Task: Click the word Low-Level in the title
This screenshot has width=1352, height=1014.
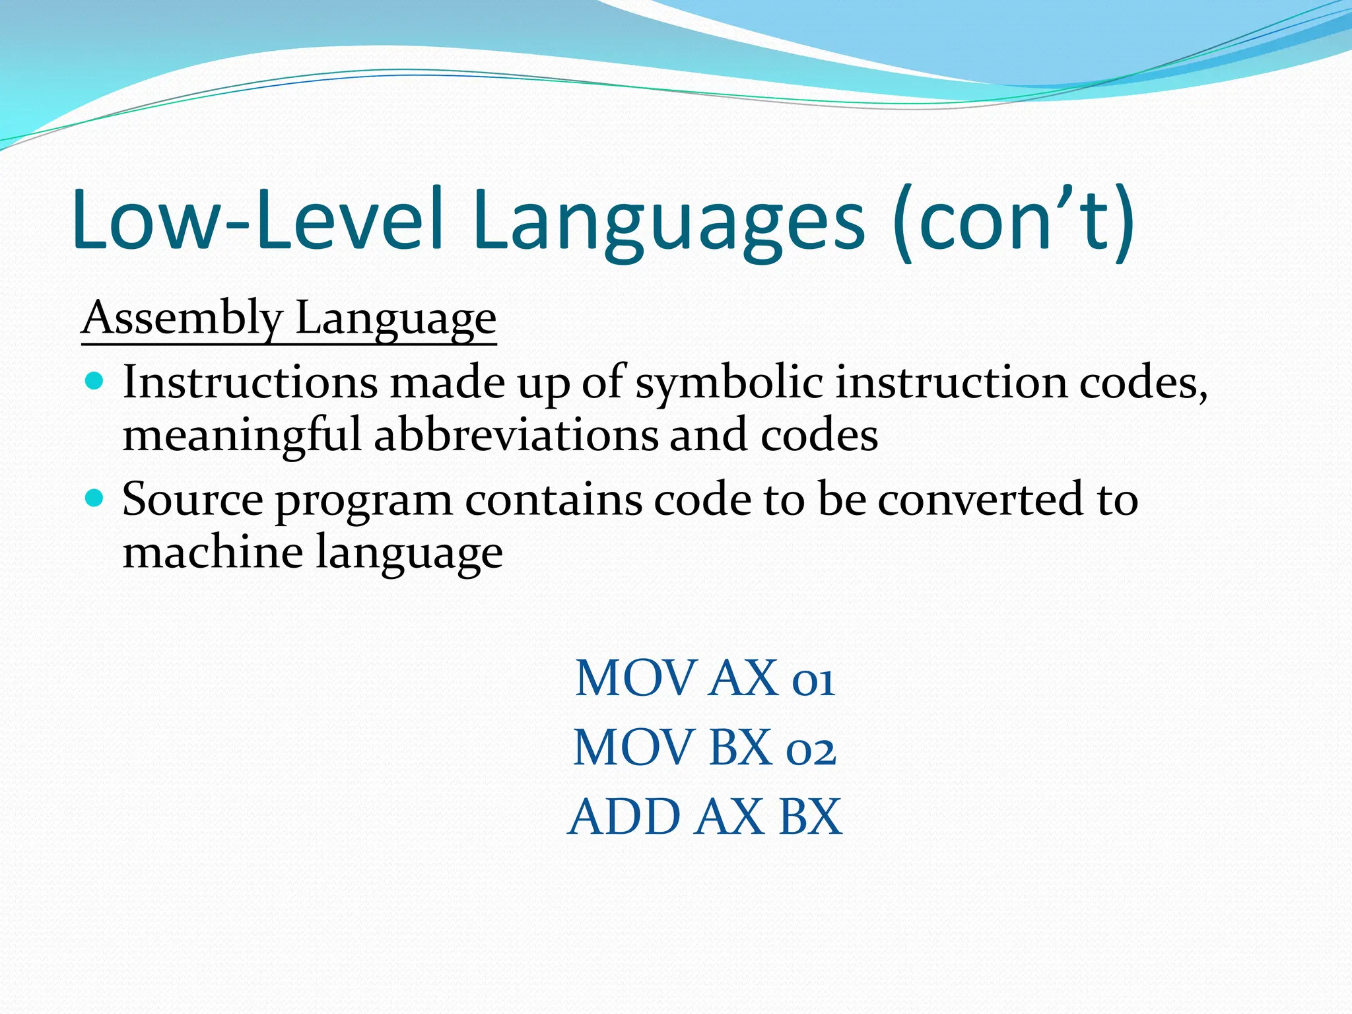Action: pyautogui.click(x=257, y=219)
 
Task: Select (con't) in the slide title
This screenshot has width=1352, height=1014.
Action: pyautogui.click(x=1013, y=219)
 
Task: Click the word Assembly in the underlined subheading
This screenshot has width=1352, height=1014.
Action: pyautogui.click(x=182, y=318)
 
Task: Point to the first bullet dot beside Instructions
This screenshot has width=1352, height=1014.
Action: pyautogui.click(x=95, y=381)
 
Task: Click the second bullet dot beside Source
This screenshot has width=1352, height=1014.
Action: pyautogui.click(x=95, y=498)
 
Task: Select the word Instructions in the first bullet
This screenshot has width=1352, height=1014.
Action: pyautogui.click(x=250, y=382)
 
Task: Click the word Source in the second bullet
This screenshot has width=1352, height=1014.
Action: pyautogui.click(x=193, y=500)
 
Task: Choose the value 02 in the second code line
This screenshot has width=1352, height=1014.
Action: pyautogui.click(x=811, y=749)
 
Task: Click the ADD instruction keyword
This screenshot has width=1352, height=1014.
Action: pyautogui.click(x=624, y=817)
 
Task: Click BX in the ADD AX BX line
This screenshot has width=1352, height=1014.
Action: pyautogui.click(x=810, y=817)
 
